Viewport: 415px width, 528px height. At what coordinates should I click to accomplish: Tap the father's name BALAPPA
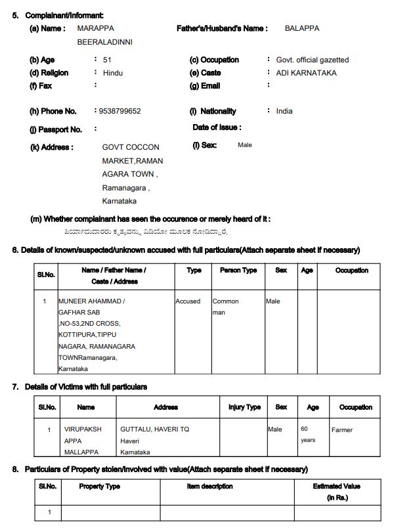coord(301,29)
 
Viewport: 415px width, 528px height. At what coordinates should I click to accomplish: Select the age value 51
coord(107,60)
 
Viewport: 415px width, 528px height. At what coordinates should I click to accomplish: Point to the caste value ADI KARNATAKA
coord(306,73)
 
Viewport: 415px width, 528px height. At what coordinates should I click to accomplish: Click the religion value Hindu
coord(113,73)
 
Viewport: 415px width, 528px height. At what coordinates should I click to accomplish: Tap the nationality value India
coord(284,111)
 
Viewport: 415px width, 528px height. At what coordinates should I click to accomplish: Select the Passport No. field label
coord(56,129)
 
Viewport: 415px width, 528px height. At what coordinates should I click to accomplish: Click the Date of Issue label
coord(217,127)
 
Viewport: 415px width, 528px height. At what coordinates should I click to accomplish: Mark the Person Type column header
coord(234,271)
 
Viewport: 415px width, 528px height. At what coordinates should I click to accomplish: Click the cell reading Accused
coord(188,301)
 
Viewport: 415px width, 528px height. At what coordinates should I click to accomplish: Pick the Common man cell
coord(225,307)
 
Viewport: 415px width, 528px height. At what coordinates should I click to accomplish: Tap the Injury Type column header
coord(244,407)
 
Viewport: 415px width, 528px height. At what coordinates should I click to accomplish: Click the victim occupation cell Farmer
coord(341,430)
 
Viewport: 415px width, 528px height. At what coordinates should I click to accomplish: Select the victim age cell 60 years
coord(308,434)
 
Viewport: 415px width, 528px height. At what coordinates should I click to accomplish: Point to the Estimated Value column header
coord(336,491)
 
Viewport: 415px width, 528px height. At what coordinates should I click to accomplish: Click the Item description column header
coord(209,487)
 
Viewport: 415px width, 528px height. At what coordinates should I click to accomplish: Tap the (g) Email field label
coord(205,86)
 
